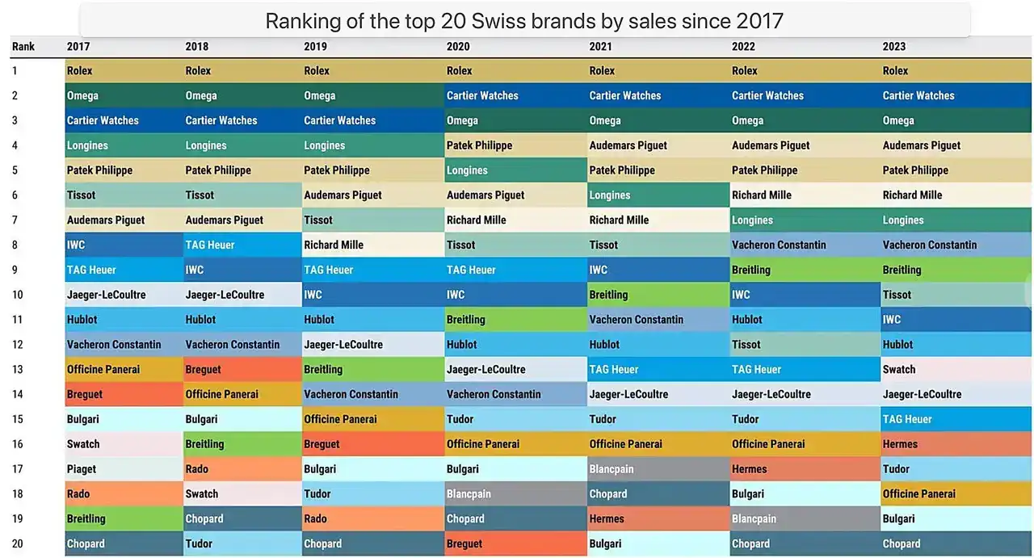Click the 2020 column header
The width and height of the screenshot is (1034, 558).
click(459, 46)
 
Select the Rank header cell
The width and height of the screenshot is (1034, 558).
click(23, 46)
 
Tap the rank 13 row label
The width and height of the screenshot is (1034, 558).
click(18, 369)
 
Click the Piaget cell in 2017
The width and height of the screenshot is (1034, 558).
click(82, 468)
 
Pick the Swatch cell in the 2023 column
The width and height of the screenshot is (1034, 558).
click(899, 369)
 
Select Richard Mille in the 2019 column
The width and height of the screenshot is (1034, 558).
click(334, 245)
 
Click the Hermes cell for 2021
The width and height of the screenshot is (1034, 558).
click(607, 518)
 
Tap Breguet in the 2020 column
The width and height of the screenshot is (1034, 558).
click(464, 543)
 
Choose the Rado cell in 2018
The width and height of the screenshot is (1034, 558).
click(198, 468)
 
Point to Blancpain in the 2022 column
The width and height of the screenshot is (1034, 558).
click(754, 518)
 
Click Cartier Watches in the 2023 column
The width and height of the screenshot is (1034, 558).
click(918, 95)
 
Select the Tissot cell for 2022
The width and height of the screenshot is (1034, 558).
click(746, 344)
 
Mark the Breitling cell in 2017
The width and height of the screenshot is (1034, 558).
click(86, 518)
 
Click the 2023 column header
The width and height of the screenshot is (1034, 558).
click(894, 46)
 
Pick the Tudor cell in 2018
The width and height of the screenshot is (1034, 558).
click(199, 543)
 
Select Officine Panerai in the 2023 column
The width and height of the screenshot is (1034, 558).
click(918, 493)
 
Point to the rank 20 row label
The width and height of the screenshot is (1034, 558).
click(18, 543)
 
